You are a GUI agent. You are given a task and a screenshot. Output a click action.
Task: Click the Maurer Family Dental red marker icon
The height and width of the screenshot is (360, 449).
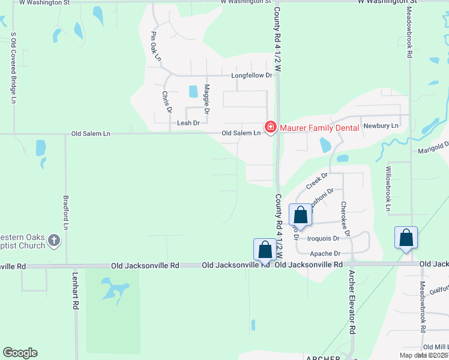[270, 127]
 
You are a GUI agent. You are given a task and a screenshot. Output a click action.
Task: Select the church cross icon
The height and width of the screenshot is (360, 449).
[54, 241]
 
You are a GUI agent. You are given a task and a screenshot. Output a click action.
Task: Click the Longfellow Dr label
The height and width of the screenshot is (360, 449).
[252, 76]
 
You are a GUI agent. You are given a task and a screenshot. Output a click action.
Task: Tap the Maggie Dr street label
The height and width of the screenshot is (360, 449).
[206, 99]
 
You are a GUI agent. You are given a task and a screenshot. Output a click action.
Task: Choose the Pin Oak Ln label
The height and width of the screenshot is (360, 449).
[157, 46]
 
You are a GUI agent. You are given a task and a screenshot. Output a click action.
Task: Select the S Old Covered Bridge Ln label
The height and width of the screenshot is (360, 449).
[13, 69]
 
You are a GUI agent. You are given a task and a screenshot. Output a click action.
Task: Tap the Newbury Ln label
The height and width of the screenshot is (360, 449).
[382, 126]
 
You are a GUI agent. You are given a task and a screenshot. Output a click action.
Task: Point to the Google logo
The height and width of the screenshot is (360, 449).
[20, 353]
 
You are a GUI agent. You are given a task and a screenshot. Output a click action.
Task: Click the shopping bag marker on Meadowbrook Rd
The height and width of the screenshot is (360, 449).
[406, 237]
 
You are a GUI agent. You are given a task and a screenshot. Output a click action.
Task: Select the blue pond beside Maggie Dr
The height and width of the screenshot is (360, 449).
[193, 91]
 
